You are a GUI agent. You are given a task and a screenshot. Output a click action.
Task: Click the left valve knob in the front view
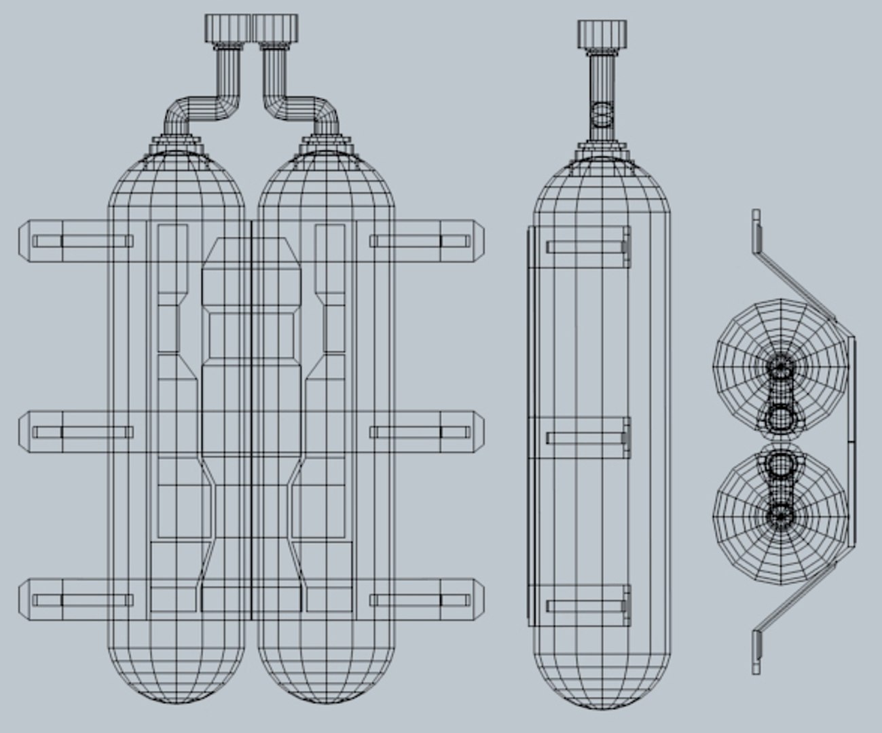pos(227,29)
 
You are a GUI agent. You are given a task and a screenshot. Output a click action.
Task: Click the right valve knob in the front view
pos(276,29)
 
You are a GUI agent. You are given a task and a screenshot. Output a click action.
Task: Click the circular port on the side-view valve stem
pos(601,115)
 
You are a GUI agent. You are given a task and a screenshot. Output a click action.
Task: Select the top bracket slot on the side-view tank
pos(587,247)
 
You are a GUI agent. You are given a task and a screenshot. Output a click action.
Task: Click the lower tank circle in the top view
pos(781,516)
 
